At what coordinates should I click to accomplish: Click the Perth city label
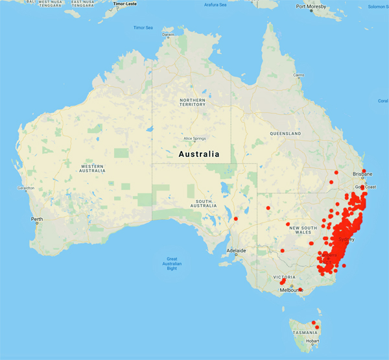(x=37, y=219)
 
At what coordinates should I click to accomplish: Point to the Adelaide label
(x=236, y=250)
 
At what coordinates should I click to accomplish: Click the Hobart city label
(x=312, y=341)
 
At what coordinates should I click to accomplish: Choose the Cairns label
(x=298, y=75)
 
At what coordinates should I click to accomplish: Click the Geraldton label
(x=25, y=189)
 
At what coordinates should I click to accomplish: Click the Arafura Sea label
(x=215, y=5)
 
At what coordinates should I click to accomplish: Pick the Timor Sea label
(x=143, y=28)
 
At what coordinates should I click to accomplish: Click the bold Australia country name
(x=198, y=154)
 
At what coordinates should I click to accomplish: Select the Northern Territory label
(x=193, y=102)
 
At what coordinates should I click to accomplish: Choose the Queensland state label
(x=285, y=133)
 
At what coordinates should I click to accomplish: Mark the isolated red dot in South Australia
(x=237, y=219)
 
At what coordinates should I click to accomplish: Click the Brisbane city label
(x=362, y=174)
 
